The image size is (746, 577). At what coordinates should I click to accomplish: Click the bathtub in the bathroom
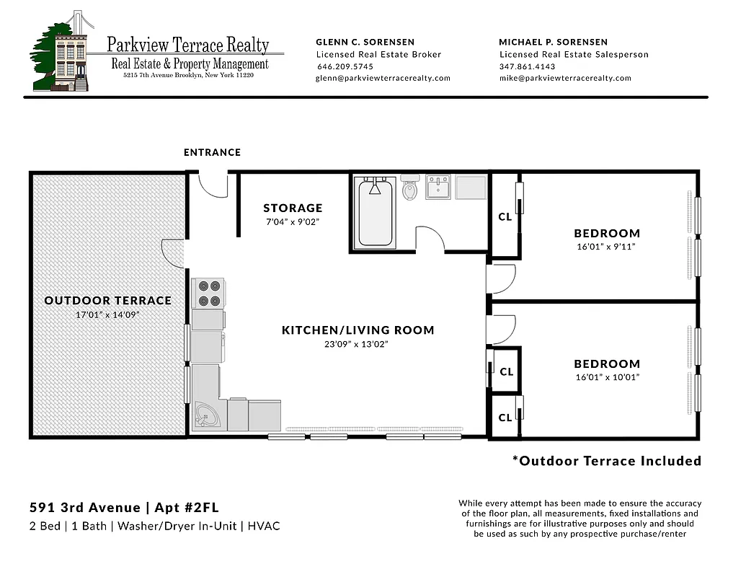tap(375, 213)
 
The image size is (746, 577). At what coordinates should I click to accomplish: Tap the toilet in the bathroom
tap(410, 189)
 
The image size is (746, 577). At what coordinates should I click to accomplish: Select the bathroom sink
tap(438, 188)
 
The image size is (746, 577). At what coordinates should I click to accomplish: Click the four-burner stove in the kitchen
tap(208, 293)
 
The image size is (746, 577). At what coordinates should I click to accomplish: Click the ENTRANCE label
tap(212, 152)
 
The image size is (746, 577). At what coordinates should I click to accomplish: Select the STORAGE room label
tap(293, 208)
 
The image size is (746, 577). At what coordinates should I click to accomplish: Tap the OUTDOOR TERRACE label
tap(108, 301)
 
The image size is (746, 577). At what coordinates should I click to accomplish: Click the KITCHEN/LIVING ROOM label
tap(358, 330)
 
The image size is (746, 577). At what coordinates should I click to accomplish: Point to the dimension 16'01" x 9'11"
tap(607, 247)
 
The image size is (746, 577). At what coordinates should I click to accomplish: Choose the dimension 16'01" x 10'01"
tap(607, 377)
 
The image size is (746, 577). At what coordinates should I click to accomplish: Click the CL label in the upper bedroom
tap(505, 216)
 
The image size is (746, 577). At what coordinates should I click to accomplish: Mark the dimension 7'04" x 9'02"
tap(293, 222)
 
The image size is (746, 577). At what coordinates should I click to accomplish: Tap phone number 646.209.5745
tap(345, 66)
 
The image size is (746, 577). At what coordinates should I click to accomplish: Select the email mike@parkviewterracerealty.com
tap(565, 78)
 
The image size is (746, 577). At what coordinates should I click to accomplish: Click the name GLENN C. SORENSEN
tap(365, 42)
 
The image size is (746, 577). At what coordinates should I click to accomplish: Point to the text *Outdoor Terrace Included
tap(606, 461)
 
